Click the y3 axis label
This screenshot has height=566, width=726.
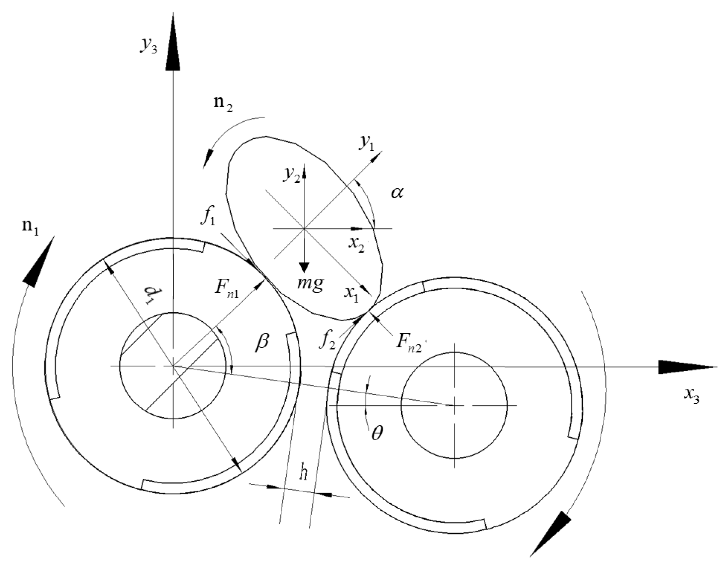coord(149,46)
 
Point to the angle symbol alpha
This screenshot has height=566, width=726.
coord(396,193)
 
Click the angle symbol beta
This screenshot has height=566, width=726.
coord(262,342)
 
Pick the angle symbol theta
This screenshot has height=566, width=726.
coord(377,434)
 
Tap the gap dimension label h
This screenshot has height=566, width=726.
coord(304,473)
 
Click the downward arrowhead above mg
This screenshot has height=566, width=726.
coord(304,267)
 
